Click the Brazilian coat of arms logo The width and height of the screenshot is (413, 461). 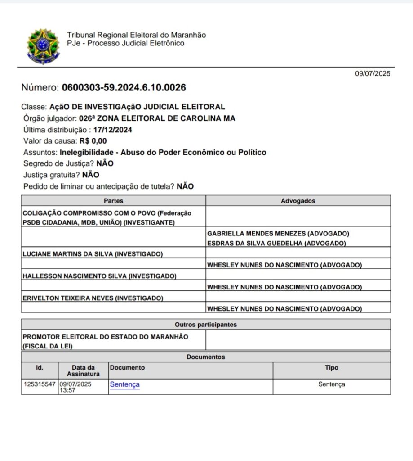tap(42, 46)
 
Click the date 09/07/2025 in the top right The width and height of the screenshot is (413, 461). tap(373, 74)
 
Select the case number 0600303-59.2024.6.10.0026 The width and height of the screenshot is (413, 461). tap(124, 87)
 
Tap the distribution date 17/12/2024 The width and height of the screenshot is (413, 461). tap(113, 130)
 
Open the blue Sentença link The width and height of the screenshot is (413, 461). tap(124, 384)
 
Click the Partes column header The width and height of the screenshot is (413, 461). tap(113, 201)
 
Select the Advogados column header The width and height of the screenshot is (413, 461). tap(298, 201)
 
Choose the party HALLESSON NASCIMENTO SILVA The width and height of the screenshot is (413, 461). tap(74, 276)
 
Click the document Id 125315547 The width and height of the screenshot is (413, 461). tap(40, 384)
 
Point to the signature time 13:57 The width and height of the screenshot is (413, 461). tap(68, 390)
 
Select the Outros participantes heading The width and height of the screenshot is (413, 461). tap(205, 325)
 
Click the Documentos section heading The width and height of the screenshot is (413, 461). tap(205, 357)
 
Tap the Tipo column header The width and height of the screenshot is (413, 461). tap(332, 368)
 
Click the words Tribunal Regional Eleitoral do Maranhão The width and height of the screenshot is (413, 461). tap(136, 35)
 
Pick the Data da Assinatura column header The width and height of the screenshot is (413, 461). tap(83, 371)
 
